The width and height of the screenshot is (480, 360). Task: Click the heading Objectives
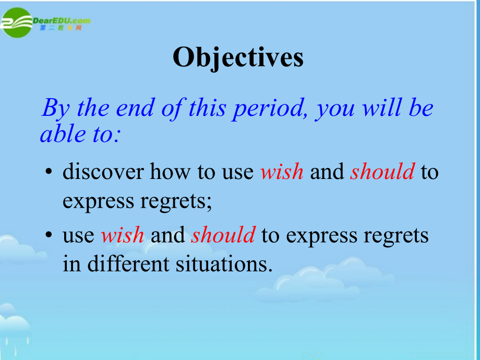(x=238, y=58)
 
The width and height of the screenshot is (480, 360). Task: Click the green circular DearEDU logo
(x=17, y=22)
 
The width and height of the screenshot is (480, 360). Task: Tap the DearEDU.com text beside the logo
(x=62, y=21)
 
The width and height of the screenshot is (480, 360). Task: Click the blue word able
(x=63, y=134)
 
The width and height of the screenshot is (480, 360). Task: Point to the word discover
(x=103, y=171)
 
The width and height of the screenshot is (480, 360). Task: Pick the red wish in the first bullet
(x=282, y=171)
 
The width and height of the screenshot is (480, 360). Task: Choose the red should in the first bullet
(x=382, y=171)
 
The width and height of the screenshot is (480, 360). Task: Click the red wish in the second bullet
(x=123, y=235)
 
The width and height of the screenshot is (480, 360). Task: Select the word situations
(x=224, y=264)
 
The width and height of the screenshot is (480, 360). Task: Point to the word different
(x=128, y=263)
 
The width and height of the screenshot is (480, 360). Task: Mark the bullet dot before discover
(x=49, y=172)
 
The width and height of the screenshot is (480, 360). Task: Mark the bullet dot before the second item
(x=49, y=235)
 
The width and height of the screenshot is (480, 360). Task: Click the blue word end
(x=135, y=108)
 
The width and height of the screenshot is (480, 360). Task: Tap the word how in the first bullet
(x=170, y=171)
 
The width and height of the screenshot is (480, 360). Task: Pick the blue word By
(x=56, y=109)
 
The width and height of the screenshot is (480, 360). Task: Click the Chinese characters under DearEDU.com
(x=61, y=28)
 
